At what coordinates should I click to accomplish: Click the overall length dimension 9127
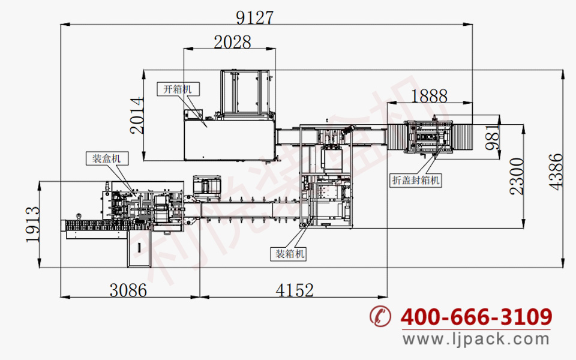[x=254, y=17]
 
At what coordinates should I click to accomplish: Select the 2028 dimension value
[x=233, y=42]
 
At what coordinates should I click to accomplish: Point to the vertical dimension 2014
[x=137, y=115]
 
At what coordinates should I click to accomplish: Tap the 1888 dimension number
[x=429, y=96]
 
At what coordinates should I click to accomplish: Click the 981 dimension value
[x=493, y=137]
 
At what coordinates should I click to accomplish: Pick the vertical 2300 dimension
[x=517, y=176]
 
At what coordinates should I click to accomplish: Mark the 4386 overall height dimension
[x=556, y=172]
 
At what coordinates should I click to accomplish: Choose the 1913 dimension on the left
[x=32, y=224]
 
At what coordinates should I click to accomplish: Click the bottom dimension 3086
[x=128, y=290]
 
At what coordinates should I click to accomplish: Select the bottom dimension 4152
[x=295, y=290]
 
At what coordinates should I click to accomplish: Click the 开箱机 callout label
[x=178, y=89]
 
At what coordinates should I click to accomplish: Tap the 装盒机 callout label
[x=107, y=158]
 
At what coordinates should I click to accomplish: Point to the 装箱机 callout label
[x=289, y=254]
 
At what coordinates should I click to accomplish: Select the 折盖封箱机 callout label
[x=415, y=180]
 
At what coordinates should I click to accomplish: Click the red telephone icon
[x=380, y=316]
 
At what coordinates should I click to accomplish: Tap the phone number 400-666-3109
[x=476, y=316]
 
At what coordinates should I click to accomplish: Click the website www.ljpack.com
[x=476, y=338]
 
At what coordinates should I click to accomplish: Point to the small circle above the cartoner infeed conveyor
[x=78, y=215]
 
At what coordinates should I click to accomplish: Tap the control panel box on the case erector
[x=194, y=114]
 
